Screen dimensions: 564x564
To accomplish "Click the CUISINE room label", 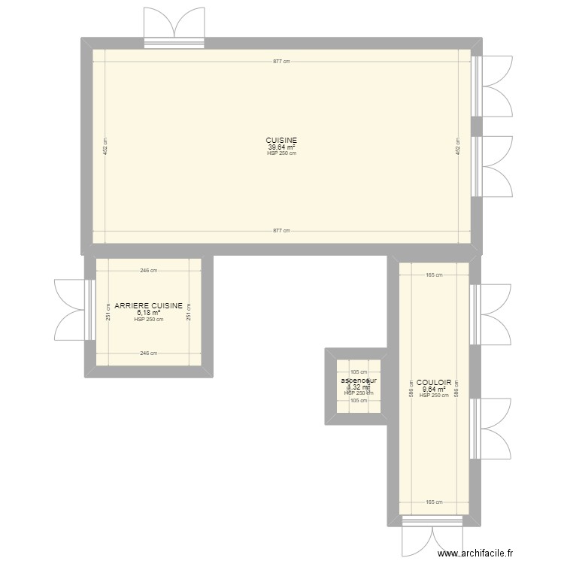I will point(281,141).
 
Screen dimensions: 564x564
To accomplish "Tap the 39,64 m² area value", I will point(281,147).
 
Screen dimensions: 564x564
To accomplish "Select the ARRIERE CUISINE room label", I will point(148,306).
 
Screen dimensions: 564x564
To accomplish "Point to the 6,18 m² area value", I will point(148,313).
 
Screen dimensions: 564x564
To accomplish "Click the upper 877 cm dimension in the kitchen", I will point(281,62).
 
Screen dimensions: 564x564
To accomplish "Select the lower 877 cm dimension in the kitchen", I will point(281,232).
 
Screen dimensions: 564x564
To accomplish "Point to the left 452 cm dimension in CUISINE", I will point(105,147).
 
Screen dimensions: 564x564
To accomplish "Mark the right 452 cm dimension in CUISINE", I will point(457,147).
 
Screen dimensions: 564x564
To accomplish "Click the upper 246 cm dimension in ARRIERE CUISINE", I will point(148,271).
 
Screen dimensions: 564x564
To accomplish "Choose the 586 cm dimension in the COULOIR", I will point(411,388).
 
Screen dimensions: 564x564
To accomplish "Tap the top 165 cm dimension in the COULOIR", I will point(434,274).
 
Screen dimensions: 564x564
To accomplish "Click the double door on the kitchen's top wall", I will point(174,26).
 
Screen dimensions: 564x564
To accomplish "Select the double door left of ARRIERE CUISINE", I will point(72,309).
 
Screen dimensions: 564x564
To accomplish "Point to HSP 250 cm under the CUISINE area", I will point(281,153).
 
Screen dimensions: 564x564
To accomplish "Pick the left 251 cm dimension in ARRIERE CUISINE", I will point(108,316).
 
